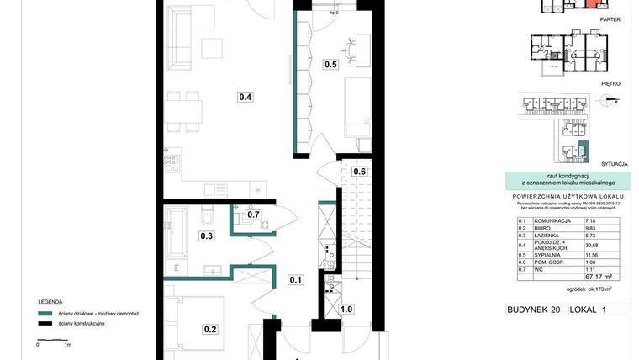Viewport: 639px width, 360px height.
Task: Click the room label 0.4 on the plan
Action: coord(246,97)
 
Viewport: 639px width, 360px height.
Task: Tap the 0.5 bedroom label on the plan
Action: coord(331,65)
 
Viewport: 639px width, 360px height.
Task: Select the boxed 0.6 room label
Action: coord(359,172)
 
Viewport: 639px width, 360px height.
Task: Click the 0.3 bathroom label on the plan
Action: coord(206,236)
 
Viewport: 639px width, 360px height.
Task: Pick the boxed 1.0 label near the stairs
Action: coord(346,309)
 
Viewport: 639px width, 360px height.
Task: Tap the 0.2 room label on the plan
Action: coord(209,329)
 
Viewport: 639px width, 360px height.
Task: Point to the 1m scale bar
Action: coord(52,338)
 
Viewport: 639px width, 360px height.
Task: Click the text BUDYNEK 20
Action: coord(533,310)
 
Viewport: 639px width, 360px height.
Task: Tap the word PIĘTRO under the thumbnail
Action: coord(610,84)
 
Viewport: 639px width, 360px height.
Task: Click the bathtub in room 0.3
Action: coord(180,232)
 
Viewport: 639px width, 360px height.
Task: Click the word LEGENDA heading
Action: coord(50,300)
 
